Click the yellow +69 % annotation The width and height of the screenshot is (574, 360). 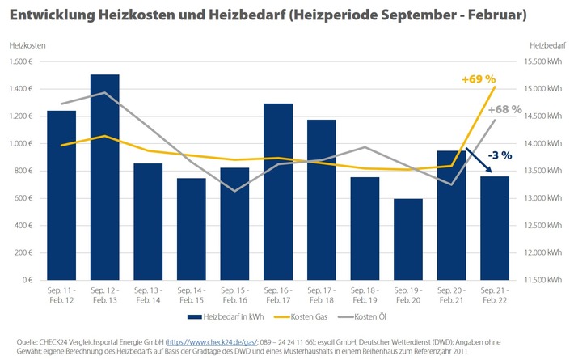[478, 79]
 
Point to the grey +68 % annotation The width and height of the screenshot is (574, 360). [505, 109]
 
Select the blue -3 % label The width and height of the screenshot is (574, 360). [498, 155]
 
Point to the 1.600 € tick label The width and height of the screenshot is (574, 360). [22, 61]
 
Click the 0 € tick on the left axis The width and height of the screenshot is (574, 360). [27, 280]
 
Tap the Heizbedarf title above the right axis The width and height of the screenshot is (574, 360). [547, 44]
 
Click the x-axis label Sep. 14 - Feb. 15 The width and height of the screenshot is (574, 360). [192, 294]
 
